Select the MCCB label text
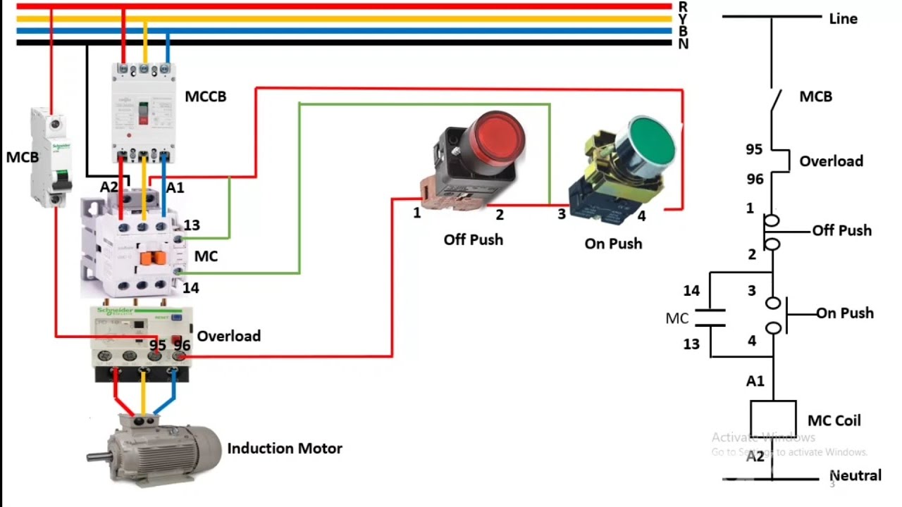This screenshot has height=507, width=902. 206,96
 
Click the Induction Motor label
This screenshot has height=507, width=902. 285,449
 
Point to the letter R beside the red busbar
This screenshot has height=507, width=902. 683,6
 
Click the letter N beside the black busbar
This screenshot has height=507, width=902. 683,44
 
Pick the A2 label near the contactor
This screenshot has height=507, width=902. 109,187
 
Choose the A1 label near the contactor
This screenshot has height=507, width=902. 175,187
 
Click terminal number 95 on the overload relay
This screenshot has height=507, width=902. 158,345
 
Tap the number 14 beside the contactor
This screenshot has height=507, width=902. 191,288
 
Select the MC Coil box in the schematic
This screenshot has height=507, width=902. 773,420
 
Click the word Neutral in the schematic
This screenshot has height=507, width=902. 855,476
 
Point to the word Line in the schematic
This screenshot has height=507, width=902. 843,19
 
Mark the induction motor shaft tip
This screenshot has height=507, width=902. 89,458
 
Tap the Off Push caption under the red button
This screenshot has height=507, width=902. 474,239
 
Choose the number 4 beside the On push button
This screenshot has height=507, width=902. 641,216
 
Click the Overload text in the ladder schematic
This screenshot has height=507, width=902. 831,161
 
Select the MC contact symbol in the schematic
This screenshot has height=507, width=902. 710,318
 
